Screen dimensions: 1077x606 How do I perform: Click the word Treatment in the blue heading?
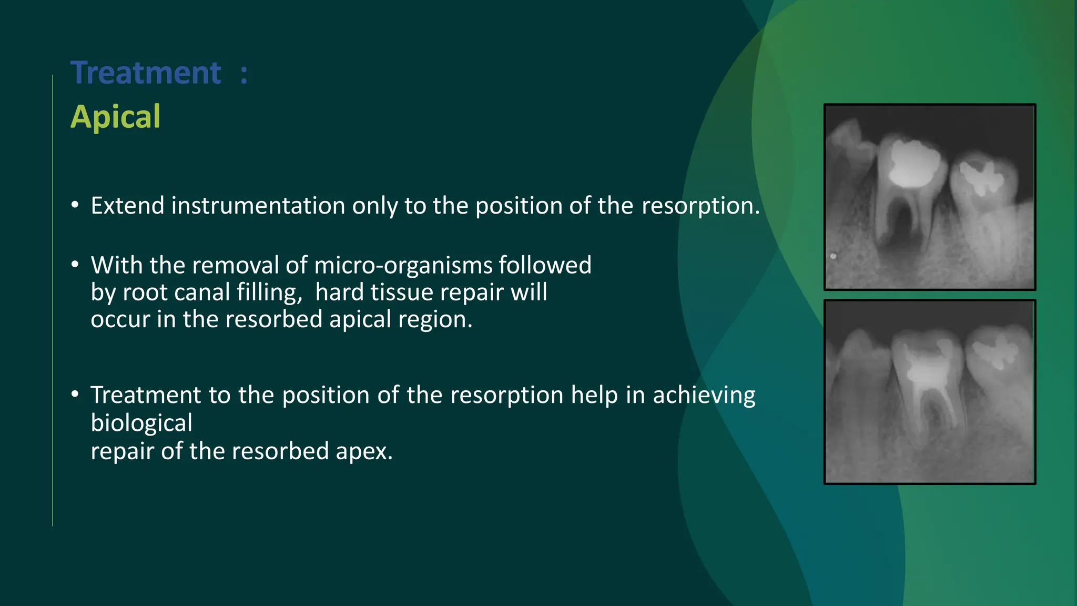(146, 73)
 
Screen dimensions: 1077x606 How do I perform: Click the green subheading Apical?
(115, 117)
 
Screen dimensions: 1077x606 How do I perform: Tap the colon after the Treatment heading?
(243, 74)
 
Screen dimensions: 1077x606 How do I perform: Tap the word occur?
(120, 320)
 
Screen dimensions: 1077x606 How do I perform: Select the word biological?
(141, 423)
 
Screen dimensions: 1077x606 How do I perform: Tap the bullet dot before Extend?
(75, 205)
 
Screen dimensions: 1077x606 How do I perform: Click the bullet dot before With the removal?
(75, 265)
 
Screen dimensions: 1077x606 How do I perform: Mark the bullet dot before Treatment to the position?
(75, 395)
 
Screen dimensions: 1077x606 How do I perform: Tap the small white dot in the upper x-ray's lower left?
(833, 256)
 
